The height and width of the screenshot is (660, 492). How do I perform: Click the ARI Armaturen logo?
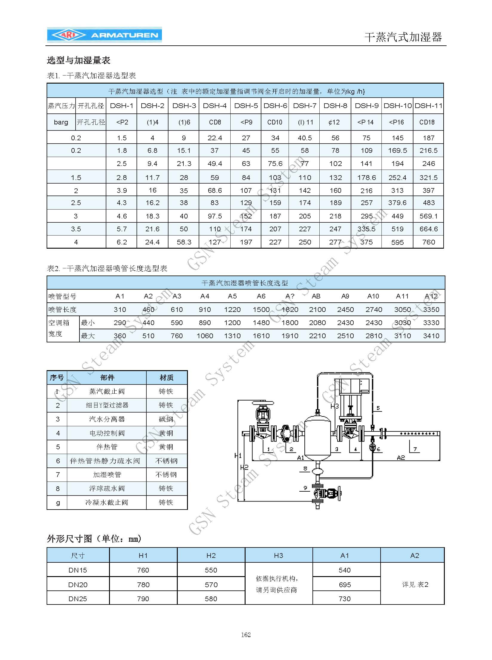pyautogui.click(x=104, y=35)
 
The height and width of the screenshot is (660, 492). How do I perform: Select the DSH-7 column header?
pyautogui.click(x=304, y=106)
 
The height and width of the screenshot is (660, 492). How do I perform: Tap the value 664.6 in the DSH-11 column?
pyautogui.click(x=428, y=229)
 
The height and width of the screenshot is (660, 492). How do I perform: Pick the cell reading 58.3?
pyautogui.click(x=184, y=242)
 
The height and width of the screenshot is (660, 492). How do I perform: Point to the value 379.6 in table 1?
pyautogui.click(x=397, y=203)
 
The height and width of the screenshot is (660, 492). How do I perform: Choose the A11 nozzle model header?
pyautogui.click(x=402, y=296)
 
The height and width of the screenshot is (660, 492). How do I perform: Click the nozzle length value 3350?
pyautogui.click(x=431, y=310)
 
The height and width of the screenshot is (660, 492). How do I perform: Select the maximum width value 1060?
pyautogui.click(x=205, y=336)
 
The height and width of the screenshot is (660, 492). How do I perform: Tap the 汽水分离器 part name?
pyautogui.click(x=107, y=419)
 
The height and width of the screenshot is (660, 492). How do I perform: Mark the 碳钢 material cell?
pyautogui.click(x=166, y=419)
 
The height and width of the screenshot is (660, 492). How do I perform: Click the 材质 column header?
pyautogui.click(x=166, y=378)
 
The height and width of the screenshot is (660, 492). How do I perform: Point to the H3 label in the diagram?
pyautogui.click(x=334, y=406)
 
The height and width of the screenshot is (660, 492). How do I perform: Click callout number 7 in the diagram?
pyautogui.click(x=415, y=449)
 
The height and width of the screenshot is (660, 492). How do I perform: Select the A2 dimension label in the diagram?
pyautogui.click(x=401, y=458)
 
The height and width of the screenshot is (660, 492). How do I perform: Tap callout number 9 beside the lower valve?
pyautogui.click(x=305, y=488)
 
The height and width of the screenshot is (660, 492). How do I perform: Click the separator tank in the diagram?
pyautogui.click(x=317, y=436)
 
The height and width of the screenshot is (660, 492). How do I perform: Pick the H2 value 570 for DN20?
pyautogui.click(x=211, y=585)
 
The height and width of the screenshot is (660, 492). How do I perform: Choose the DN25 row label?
pyautogui.click(x=78, y=599)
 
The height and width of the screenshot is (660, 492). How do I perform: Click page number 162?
pyautogui.click(x=246, y=635)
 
